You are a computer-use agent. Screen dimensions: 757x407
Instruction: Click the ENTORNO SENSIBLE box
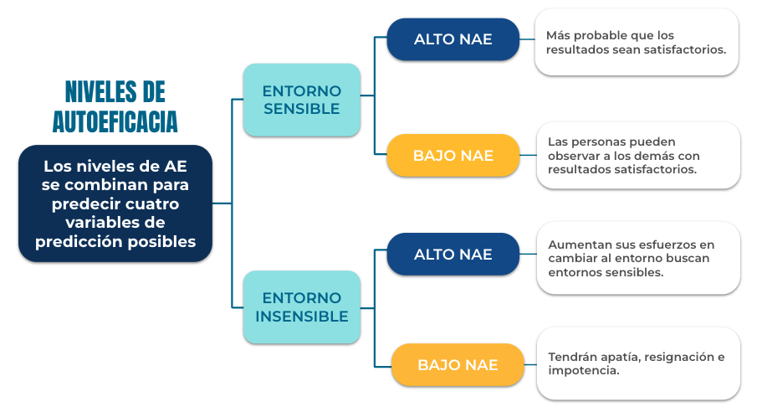302,100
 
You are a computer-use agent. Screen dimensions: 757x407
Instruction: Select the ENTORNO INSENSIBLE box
302,307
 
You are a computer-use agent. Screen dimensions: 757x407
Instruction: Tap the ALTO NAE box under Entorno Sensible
453,39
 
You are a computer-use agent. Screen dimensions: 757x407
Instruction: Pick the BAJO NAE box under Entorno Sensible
453,155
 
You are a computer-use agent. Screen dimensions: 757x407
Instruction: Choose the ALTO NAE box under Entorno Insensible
453,255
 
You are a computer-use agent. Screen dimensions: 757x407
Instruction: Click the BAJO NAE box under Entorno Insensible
458,364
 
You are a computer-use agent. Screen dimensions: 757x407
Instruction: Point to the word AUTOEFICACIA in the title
115,121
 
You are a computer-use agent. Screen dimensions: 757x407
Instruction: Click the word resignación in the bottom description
680,358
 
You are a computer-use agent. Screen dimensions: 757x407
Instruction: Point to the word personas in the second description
596,142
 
